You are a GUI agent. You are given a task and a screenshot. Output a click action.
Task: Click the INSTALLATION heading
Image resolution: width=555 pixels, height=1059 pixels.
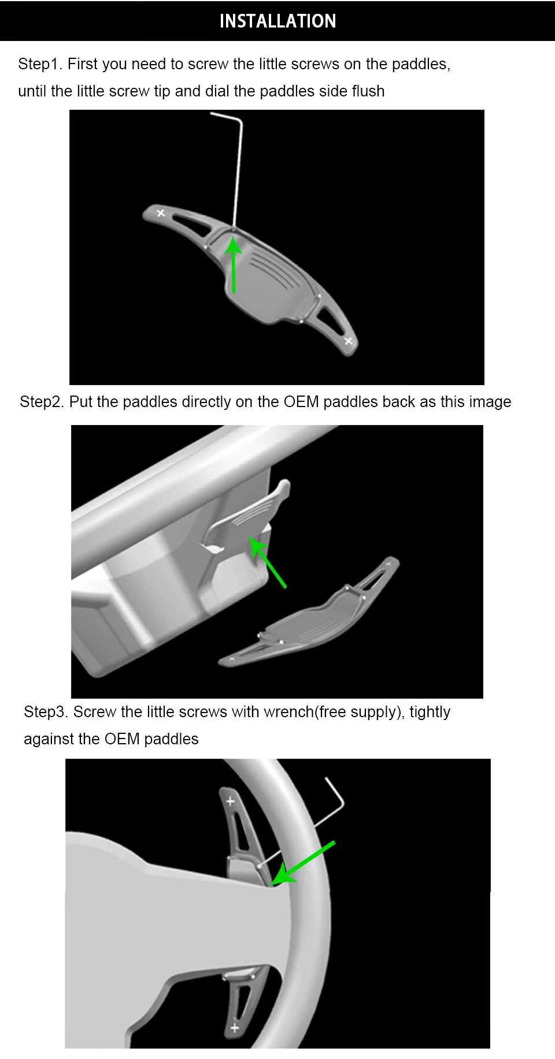[277, 21]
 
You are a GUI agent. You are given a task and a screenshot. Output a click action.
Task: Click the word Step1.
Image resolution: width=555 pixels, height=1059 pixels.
[40, 64]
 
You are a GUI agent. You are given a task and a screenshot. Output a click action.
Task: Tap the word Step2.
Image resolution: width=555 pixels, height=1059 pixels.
[42, 402]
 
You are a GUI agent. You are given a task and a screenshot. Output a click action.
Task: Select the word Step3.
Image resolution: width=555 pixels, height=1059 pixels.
[46, 712]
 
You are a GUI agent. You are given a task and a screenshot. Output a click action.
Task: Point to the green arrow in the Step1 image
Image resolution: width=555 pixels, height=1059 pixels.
[234, 265]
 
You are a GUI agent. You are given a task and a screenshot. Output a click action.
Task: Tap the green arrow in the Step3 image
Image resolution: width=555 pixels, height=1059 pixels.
[303, 863]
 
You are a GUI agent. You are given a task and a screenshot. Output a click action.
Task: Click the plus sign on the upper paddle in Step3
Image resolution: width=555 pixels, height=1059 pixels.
[230, 801]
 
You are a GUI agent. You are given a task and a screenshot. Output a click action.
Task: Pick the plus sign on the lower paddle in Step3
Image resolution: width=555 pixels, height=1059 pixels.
[234, 1028]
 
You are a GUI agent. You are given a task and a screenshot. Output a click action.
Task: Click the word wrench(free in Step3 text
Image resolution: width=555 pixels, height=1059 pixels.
[305, 712]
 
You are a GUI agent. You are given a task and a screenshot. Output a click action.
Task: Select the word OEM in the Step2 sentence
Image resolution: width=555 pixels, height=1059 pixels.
[301, 402]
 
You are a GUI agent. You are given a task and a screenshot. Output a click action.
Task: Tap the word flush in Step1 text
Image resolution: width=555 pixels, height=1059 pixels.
[368, 91]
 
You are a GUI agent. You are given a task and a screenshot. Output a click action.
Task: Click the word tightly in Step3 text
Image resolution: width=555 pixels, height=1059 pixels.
[430, 712]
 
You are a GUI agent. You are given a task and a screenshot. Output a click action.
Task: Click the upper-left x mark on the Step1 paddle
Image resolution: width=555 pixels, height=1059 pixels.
[161, 213]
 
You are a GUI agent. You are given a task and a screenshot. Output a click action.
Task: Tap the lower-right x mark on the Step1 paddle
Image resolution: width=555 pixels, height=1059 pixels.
[348, 341]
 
